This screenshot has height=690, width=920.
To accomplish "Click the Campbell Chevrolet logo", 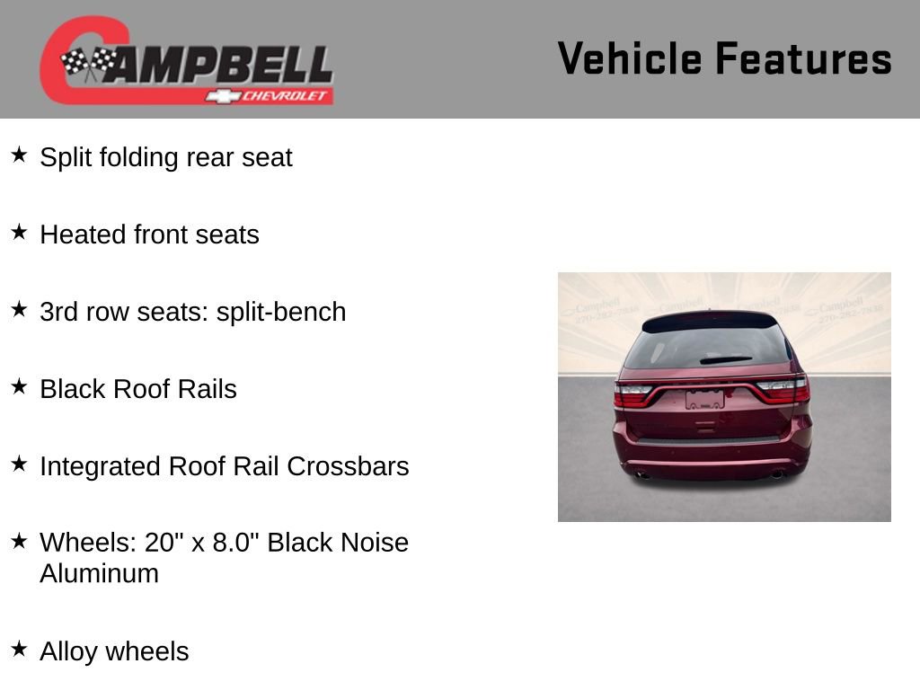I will click(x=187, y=61).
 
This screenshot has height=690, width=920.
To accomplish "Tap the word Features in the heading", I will click(x=803, y=58).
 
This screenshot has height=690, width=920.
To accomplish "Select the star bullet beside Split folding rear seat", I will click(x=19, y=155).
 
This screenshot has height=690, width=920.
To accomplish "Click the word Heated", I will click(x=84, y=234).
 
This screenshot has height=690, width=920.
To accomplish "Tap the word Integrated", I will click(x=101, y=466).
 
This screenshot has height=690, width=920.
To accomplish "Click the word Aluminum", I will click(x=99, y=573).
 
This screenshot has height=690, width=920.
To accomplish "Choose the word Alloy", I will click(x=69, y=651).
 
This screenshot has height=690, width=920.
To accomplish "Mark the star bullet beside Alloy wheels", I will click(x=19, y=650).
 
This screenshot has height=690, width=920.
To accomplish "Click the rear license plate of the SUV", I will click(x=704, y=400).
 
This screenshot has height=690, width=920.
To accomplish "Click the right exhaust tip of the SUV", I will click(x=776, y=473).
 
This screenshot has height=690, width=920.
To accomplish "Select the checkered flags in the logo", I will click(x=88, y=63).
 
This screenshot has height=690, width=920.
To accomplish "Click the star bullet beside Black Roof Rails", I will click(x=19, y=387).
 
